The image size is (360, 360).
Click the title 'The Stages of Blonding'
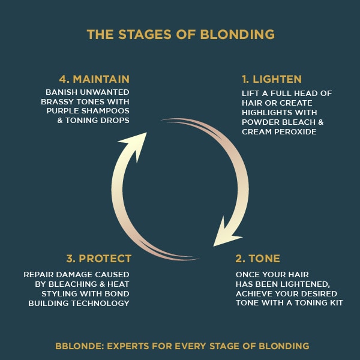click(180, 34)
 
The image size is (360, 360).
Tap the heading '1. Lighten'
click(271, 79)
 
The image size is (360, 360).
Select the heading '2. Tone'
click(258, 259)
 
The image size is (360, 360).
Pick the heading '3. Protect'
click(98, 259)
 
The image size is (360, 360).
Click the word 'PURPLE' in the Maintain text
click(65, 112)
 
